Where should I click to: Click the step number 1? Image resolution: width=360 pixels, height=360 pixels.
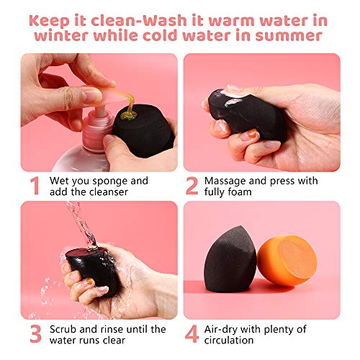pos(34,186)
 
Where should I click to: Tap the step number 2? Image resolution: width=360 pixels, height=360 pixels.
pos(192,186)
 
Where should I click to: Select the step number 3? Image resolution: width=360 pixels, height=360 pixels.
pos(34,335)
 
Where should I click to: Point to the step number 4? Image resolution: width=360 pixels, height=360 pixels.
pos(192,335)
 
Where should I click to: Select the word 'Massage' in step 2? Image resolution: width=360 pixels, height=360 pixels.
pos(226,180)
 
